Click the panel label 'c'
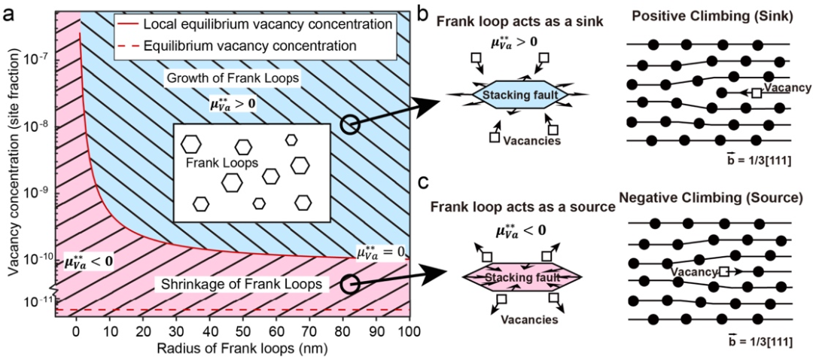(x=423, y=183)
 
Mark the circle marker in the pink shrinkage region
(x=348, y=284)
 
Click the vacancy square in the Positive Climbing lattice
(x=755, y=93)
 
